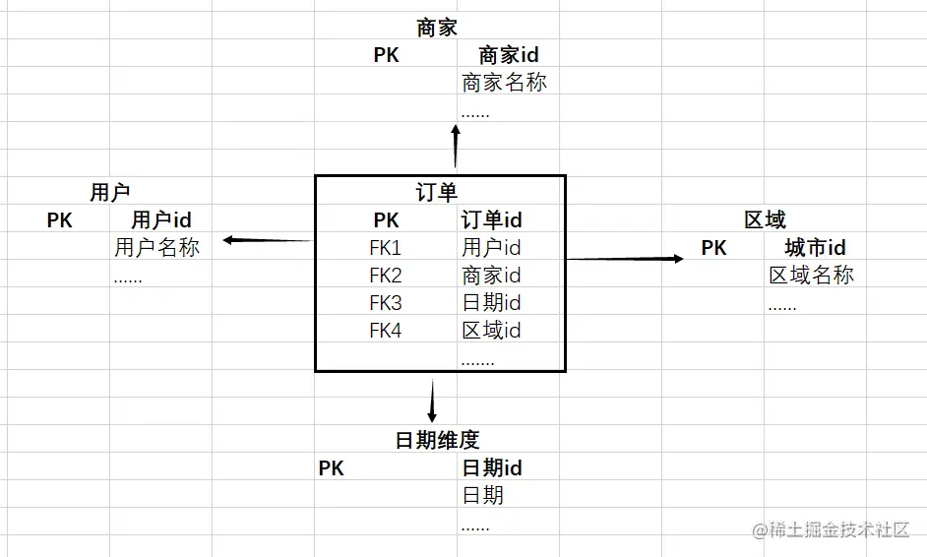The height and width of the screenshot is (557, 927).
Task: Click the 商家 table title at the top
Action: click(437, 28)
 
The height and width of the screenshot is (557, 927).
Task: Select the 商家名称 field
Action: click(504, 83)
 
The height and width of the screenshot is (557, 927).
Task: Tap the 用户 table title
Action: click(109, 193)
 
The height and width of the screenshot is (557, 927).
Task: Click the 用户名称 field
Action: click(156, 248)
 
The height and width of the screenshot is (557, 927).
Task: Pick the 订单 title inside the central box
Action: click(437, 193)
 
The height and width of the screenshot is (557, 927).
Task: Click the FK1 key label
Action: click(386, 248)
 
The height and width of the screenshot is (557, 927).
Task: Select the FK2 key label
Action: click(386, 276)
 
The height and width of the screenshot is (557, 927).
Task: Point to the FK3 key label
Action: click(386, 303)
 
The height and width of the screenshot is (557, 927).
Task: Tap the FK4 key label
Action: click(386, 331)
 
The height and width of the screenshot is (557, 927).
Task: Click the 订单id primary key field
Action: click(492, 220)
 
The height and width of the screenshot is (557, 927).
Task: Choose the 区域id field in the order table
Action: click(492, 331)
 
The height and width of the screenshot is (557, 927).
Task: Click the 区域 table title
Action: click(765, 220)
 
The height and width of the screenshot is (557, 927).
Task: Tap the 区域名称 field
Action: click(811, 276)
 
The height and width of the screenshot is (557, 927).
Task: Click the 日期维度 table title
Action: click(437, 440)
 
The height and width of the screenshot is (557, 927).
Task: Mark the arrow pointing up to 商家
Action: click(456, 148)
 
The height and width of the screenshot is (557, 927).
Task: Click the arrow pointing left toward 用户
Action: click(267, 240)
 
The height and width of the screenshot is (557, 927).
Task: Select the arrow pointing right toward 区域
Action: click(625, 259)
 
